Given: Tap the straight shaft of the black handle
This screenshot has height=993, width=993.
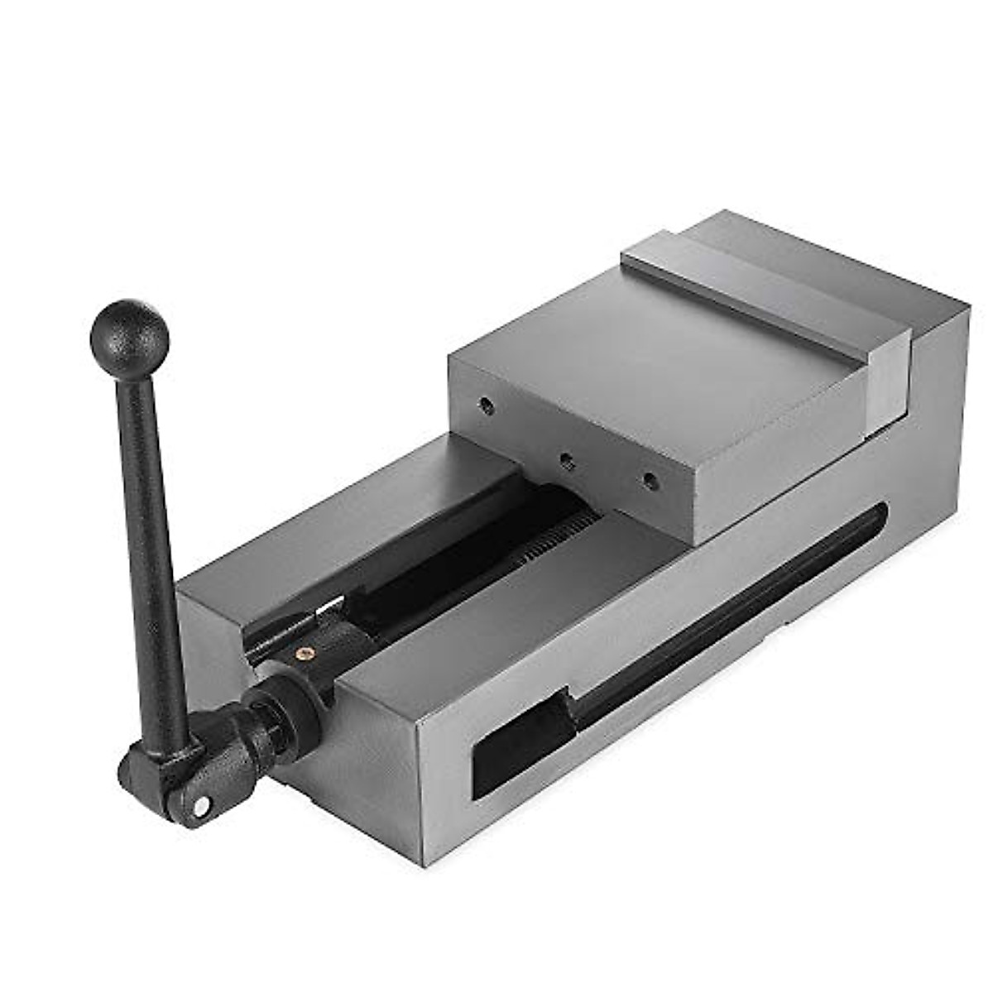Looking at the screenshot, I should coord(162,538).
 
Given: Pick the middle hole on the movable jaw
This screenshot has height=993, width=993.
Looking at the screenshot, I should coord(566,460).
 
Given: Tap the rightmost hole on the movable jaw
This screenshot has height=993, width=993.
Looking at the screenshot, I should coord(650,479).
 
